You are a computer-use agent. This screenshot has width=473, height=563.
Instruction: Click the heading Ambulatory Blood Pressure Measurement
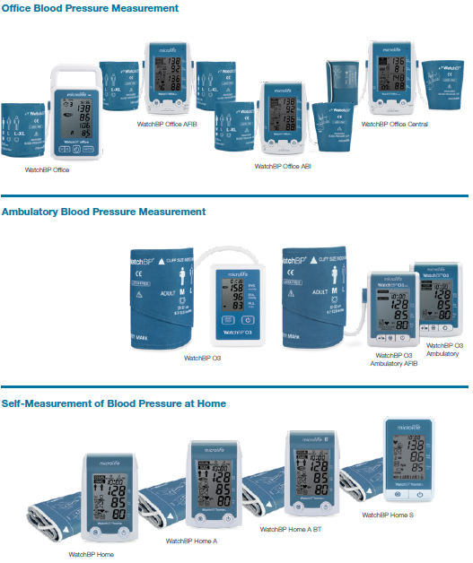103,212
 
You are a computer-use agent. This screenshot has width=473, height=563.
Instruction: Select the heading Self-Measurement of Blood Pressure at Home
114,403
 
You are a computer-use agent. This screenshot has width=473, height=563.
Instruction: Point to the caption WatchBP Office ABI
283,166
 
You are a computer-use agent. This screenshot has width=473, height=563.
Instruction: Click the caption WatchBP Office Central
394,124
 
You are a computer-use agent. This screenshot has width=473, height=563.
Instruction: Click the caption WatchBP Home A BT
290,529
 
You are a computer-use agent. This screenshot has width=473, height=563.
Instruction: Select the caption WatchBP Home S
388,515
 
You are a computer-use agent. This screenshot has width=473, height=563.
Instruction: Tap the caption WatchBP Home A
191,541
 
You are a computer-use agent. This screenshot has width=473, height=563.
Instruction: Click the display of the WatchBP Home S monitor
409,455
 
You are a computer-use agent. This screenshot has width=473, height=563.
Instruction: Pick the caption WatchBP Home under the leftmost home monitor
91,554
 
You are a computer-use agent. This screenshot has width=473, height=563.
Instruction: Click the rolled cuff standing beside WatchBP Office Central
342,85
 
